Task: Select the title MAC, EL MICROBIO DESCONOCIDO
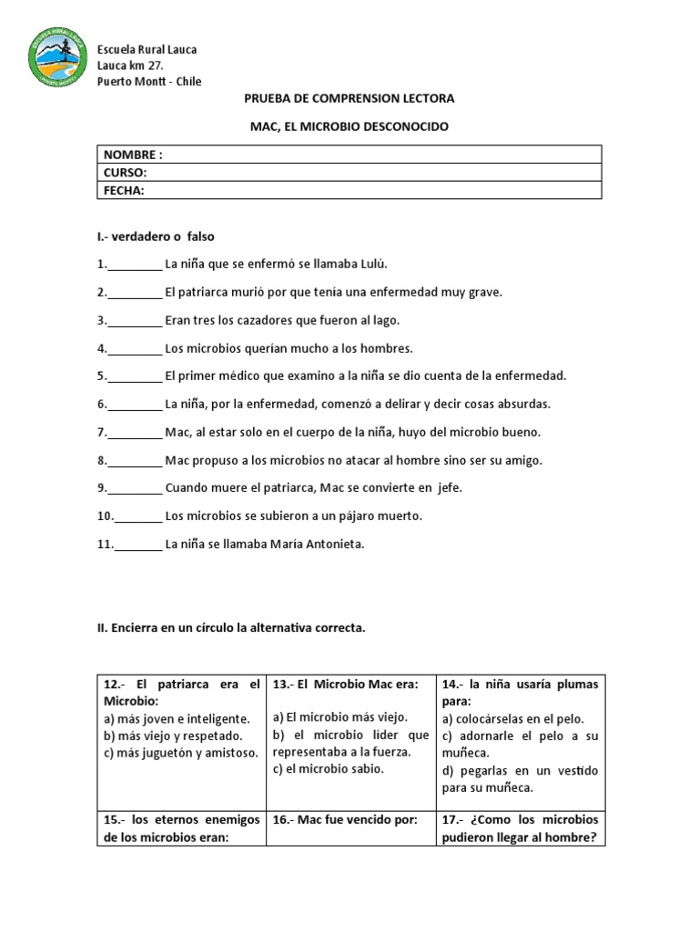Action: (349, 126)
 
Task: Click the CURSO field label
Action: (126, 172)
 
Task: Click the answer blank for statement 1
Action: (135, 265)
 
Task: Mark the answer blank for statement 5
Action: (135, 376)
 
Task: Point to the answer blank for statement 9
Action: (135, 488)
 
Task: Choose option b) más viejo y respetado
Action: (173, 736)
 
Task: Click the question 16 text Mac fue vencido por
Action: (345, 820)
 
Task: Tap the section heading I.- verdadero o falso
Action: (155, 236)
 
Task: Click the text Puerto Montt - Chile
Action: (149, 82)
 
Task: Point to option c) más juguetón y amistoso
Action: (181, 753)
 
